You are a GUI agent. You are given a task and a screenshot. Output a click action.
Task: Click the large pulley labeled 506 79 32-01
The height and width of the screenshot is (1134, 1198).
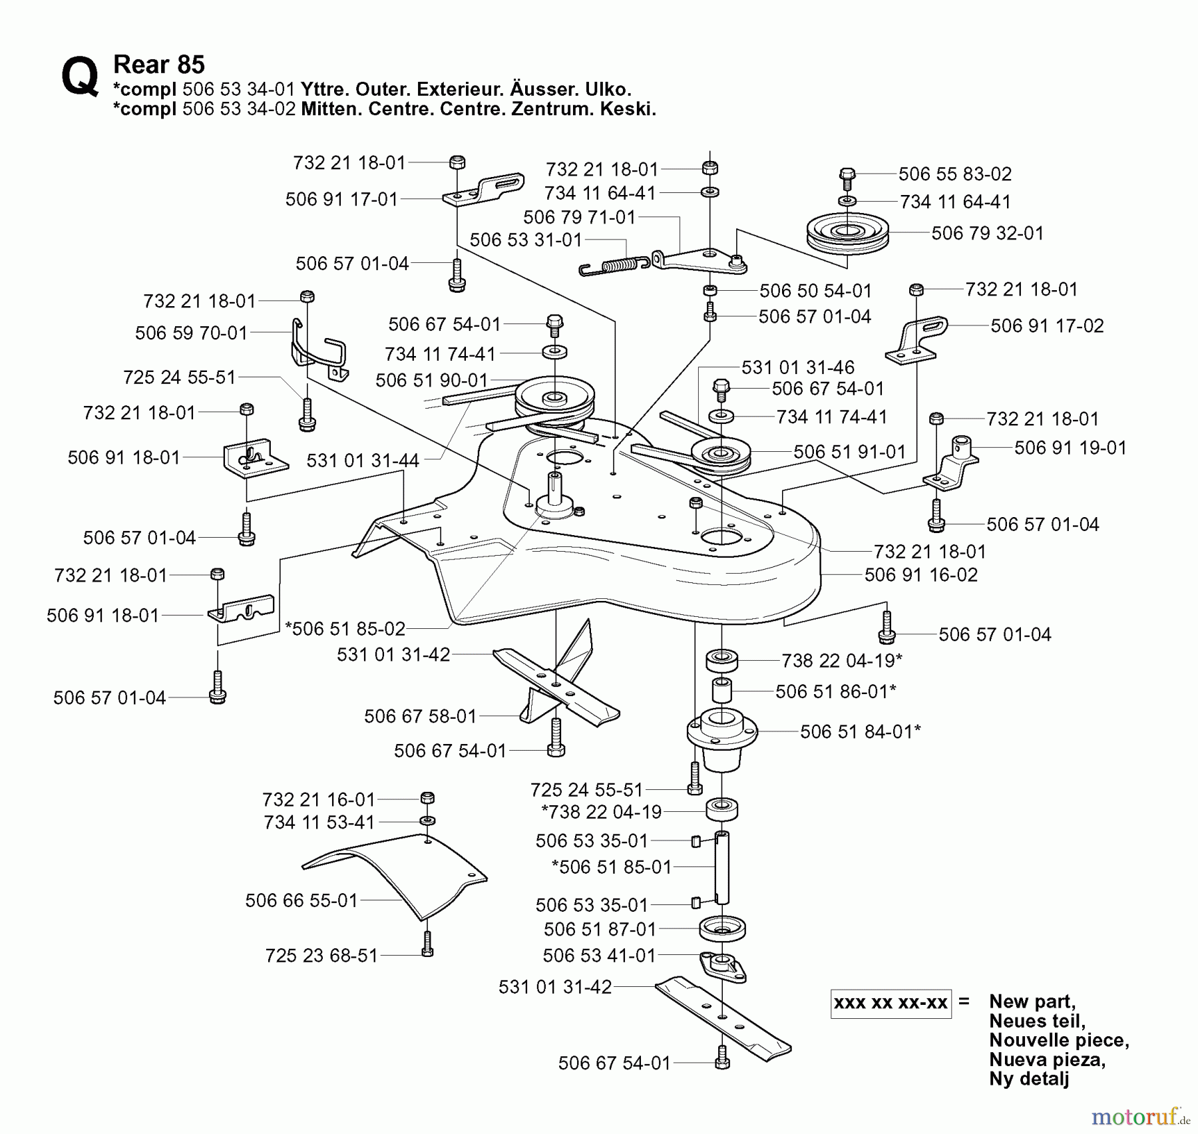click(x=847, y=234)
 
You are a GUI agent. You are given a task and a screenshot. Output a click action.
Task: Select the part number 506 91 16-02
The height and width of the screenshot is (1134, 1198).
click(x=921, y=575)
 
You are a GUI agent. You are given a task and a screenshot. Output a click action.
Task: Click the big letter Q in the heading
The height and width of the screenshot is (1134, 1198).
click(x=80, y=77)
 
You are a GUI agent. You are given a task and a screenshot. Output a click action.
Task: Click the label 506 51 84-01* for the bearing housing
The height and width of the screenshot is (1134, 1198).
click(x=860, y=732)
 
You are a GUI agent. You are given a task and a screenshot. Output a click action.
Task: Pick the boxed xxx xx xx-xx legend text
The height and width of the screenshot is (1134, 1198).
click(x=891, y=1003)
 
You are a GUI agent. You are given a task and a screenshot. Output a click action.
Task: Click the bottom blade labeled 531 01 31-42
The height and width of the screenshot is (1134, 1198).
click(x=723, y=1017)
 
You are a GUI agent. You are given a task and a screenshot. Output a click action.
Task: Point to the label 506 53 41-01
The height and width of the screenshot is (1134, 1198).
click(x=599, y=956)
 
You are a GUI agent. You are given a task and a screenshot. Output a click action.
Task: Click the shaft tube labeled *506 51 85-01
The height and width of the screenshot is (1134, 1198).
click(x=722, y=868)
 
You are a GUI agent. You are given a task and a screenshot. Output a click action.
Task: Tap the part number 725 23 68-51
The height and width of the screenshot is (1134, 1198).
click(x=321, y=956)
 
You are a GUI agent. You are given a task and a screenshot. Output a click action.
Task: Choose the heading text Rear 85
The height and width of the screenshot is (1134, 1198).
click(x=158, y=65)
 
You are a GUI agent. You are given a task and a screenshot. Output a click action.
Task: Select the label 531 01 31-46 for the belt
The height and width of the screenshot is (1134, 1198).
click(x=797, y=367)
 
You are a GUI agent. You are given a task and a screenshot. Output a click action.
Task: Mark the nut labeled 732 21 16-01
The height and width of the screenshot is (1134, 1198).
click(x=428, y=799)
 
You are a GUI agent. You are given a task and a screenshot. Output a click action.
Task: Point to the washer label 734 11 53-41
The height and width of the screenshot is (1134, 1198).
click(x=319, y=823)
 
